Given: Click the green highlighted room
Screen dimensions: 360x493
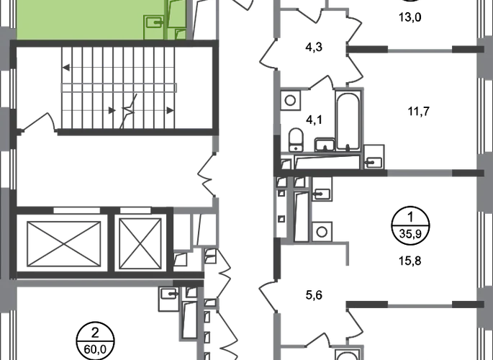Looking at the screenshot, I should [x=79, y=19].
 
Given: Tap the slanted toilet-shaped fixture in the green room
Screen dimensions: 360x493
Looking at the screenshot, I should [x=176, y=16].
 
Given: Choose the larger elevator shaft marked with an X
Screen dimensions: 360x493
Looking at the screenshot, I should [x=60, y=238].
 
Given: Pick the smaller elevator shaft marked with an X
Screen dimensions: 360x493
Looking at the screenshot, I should [x=141, y=238].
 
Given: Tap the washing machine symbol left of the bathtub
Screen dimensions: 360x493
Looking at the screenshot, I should [x=291, y=102].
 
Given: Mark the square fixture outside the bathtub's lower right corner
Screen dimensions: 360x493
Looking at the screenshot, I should [x=374, y=155].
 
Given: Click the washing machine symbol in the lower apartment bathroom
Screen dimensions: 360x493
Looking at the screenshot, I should [x=322, y=231].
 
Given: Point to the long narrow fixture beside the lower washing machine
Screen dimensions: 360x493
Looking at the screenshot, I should [x=302, y=216].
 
